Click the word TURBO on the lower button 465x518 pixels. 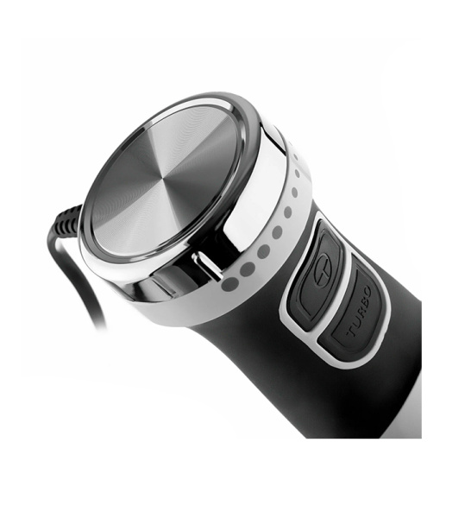(359, 311)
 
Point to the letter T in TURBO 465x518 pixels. (351, 332)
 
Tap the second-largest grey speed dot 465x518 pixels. (248, 269)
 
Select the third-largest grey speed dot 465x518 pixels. (263, 252)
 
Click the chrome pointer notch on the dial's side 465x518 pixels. (206, 266)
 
